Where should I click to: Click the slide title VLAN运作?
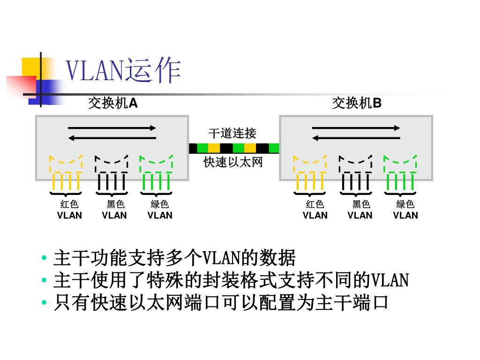[x=123, y=71]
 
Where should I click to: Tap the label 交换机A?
[x=113, y=103]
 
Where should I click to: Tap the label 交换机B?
[x=357, y=103]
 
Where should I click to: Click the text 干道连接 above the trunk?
[x=232, y=133]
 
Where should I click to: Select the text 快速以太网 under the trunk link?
[x=233, y=162]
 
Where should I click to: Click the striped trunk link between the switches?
[x=234, y=148]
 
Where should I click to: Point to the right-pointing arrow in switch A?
[x=112, y=127]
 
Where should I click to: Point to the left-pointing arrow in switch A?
[x=112, y=137]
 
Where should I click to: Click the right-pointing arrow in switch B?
[x=356, y=127]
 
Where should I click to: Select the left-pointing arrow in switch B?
[x=356, y=137]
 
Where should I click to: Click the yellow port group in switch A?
[x=66, y=173]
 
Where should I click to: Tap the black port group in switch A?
[x=112, y=173]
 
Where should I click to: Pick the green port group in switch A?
[x=157, y=173]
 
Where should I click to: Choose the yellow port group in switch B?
[x=310, y=173]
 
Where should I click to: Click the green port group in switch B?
[x=400, y=173]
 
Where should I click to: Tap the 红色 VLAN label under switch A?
[x=69, y=210]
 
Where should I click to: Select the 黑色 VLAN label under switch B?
[x=360, y=210]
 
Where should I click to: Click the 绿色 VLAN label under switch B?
[x=405, y=210]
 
